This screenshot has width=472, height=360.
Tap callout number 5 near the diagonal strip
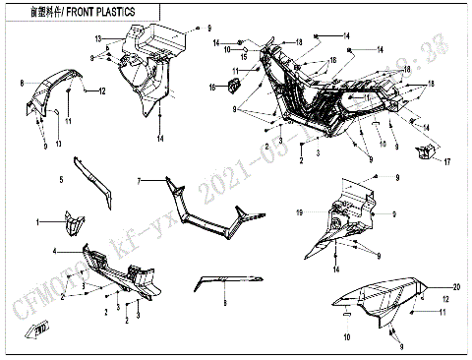point(61,179)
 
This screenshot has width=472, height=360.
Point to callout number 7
point(141,181)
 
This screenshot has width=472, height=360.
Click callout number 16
point(210,89)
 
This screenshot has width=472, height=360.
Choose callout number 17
point(445,161)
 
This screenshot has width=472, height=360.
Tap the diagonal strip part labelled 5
point(99,186)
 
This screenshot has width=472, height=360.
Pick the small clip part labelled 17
point(425,151)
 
